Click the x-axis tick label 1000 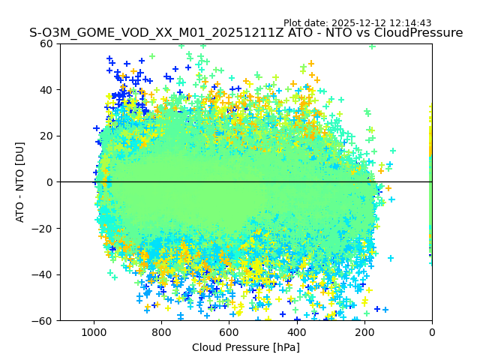(94, 332)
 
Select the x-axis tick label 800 (161, 332)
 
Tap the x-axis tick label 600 (229, 332)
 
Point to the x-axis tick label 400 (296, 332)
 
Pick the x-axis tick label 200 (364, 332)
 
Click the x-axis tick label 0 (431, 332)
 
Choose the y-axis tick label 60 (46, 43)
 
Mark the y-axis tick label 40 (46, 90)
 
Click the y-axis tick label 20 (46, 136)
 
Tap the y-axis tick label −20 (43, 228)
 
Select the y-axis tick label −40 (43, 274)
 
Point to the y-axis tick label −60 (43, 320)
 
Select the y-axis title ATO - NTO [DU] (20, 182)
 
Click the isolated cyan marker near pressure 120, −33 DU (391, 258)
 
